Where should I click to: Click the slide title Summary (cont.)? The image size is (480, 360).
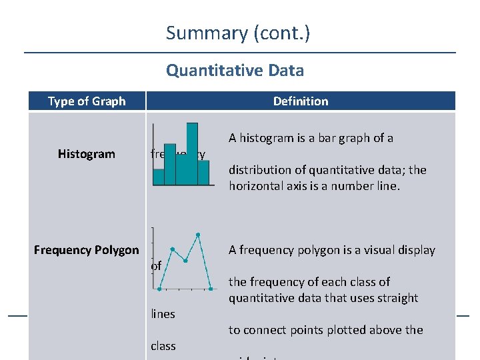(238, 33)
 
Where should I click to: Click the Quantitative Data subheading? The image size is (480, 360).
(235, 70)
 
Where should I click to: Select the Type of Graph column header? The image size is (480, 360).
(87, 101)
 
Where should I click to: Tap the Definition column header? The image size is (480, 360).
(301, 101)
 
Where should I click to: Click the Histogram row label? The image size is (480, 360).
(86, 154)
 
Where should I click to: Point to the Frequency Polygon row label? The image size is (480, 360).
(86, 250)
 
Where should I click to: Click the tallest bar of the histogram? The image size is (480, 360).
(193, 153)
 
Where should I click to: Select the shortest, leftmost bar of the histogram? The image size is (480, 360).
(159, 177)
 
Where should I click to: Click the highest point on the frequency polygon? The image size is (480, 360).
(198, 235)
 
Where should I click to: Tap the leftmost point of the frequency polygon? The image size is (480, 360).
(160, 289)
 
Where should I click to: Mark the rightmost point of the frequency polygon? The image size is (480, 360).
(211, 289)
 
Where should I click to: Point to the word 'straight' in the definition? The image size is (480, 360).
(396, 298)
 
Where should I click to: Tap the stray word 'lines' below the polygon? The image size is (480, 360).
(163, 314)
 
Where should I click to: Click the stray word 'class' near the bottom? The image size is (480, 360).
(163, 346)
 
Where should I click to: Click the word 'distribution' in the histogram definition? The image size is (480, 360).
(261, 170)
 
